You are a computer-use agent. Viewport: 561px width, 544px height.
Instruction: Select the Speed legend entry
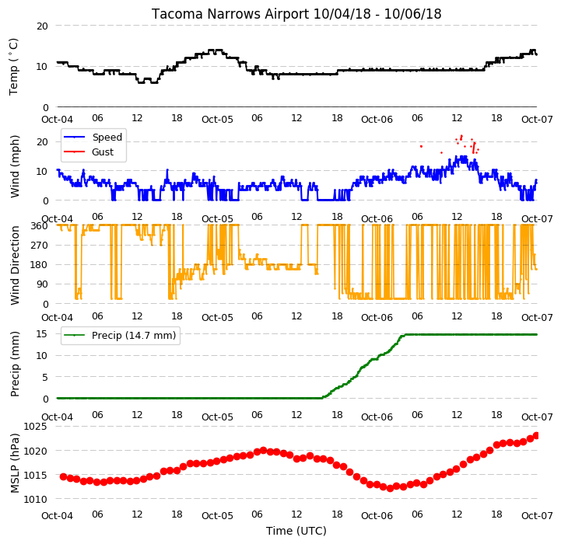click(93, 138)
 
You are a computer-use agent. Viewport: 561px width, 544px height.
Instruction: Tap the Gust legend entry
click(89, 152)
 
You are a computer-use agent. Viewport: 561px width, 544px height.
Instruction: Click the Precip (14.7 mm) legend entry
click(120, 335)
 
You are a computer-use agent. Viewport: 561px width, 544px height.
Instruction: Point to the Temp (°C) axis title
click(13, 67)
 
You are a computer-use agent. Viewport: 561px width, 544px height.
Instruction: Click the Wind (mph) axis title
click(14, 166)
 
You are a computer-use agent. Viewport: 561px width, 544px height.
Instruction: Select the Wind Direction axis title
click(14, 265)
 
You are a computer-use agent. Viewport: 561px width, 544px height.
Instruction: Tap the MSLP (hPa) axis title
click(14, 463)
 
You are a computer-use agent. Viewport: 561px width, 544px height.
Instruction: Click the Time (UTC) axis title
click(296, 531)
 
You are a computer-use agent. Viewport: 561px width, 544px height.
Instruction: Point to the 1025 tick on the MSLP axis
click(35, 427)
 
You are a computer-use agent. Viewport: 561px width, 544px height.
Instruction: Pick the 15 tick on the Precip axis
click(41, 334)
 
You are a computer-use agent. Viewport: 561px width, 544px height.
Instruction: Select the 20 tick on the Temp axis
click(42, 26)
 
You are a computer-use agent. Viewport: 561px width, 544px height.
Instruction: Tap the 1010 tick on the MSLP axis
click(35, 499)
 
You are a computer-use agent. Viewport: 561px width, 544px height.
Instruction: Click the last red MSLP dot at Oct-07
click(536, 435)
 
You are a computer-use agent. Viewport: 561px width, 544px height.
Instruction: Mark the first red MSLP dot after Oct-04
click(63, 477)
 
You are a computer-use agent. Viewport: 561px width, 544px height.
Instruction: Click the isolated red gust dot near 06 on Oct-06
click(421, 146)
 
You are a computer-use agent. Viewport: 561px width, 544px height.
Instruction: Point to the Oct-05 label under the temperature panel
click(217, 120)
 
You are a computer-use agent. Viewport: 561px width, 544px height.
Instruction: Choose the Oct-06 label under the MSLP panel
click(377, 516)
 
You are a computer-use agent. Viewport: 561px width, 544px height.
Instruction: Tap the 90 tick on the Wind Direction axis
click(43, 284)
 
